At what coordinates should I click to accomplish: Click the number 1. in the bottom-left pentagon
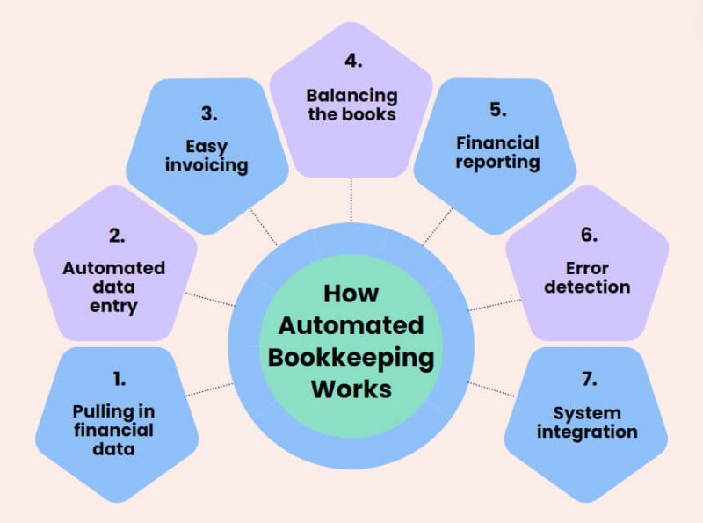click(x=119, y=379)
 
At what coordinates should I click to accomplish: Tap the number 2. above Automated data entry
click(x=118, y=236)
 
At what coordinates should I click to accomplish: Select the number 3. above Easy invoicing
click(x=207, y=113)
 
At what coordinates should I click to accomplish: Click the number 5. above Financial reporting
click(x=497, y=110)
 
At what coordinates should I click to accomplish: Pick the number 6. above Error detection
click(x=588, y=235)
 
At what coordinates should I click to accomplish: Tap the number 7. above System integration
click(x=588, y=379)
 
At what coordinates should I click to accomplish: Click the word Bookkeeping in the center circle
click(x=351, y=357)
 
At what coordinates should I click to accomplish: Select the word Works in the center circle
click(x=351, y=389)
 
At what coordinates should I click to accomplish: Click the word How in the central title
click(x=351, y=293)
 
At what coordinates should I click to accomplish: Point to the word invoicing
click(x=207, y=164)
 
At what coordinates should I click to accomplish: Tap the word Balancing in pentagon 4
click(x=351, y=95)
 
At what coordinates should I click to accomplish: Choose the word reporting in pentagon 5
click(x=497, y=162)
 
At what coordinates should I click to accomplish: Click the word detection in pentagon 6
click(x=588, y=287)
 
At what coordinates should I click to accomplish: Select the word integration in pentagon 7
click(x=588, y=432)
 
